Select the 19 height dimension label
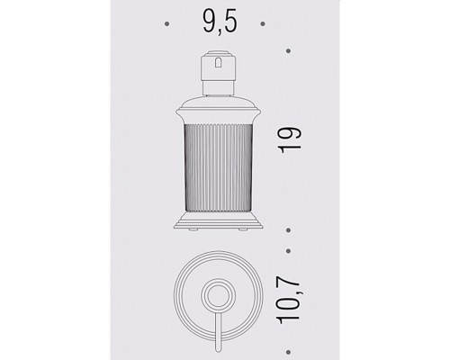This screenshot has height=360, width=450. coord(291,140)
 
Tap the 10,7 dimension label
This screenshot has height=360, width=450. coord(289,299)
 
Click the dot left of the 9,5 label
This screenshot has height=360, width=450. coord(167,24)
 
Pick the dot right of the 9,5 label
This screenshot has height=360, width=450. coord(263,24)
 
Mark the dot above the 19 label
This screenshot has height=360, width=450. coord(288,51)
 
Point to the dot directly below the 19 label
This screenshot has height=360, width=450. coord(288,230)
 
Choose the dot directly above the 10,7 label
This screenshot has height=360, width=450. coord(288,251)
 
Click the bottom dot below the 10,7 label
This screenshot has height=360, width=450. coord(288,352)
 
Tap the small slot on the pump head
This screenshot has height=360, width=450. coord(218,62)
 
